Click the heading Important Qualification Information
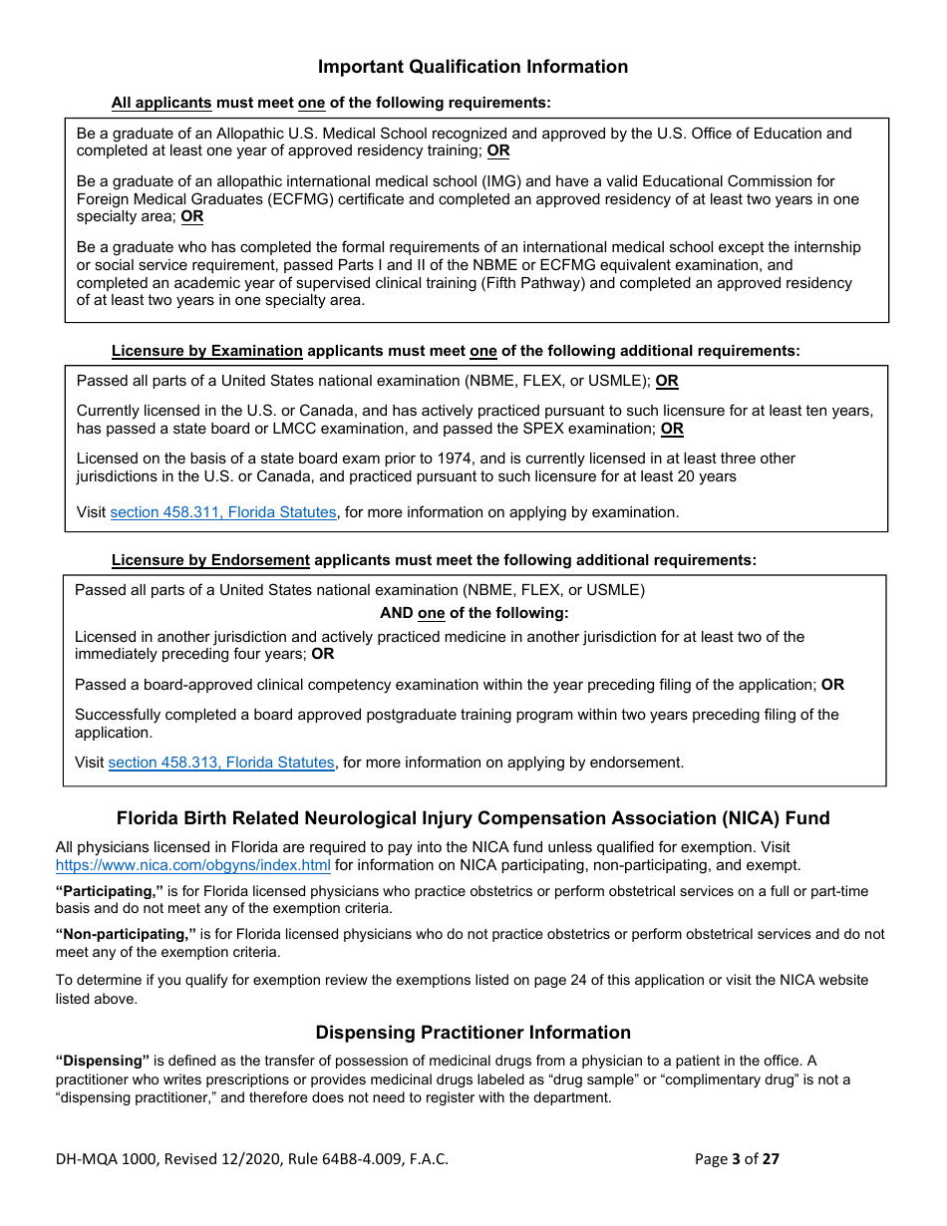point(473,67)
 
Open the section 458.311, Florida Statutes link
point(222,512)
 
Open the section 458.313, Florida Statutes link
point(221,763)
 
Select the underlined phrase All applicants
point(161,103)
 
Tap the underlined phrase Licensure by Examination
point(206,351)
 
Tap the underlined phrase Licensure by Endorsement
point(210,560)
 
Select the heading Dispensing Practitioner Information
point(473,1033)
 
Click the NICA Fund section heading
point(473,818)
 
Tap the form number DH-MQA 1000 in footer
point(106,1158)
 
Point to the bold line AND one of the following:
point(473,613)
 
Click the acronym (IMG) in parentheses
point(488,181)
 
